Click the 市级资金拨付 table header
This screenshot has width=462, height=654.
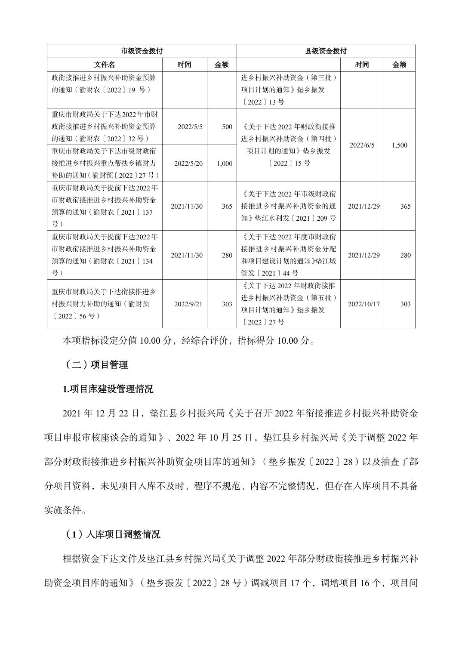click(x=142, y=51)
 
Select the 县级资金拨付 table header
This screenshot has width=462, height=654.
click(x=326, y=51)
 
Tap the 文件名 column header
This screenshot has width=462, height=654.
click(x=105, y=65)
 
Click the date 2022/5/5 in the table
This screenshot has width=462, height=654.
click(x=190, y=127)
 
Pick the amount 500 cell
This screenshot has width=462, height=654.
click(x=227, y=127)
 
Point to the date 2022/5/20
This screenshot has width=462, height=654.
click(x=188, y=163)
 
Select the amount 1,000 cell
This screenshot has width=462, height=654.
click(x=225, y=163)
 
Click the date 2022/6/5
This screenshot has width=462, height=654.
click(x=362, y=145)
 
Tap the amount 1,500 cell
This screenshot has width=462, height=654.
click(x=399, y=145)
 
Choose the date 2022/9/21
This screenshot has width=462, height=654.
click(x=188, y=304)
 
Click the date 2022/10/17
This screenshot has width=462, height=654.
click(x=363, y=304)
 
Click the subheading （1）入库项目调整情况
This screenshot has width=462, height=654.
click(x=113, y=534)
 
